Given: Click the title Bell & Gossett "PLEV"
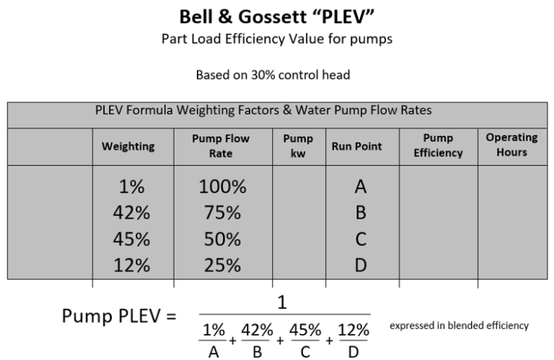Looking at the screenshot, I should coord(278,15).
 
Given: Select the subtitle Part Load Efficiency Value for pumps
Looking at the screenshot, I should coord(277,39).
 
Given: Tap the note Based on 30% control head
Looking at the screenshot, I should coord(278,74).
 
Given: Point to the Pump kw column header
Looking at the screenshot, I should coord(299,146).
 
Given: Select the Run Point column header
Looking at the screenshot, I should coord(357,146).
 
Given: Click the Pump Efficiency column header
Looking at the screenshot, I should coord(438,146).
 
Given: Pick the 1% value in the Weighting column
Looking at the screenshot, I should coord(132,188).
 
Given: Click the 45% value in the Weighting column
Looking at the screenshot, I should coord(132,239).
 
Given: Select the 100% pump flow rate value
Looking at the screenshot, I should coord(222,188).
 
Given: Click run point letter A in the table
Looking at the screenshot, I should coord(361,188).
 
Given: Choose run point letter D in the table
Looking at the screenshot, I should coord(361,265).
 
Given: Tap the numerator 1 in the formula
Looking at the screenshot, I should coord(283,303).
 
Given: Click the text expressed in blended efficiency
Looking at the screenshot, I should coord(459,326).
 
